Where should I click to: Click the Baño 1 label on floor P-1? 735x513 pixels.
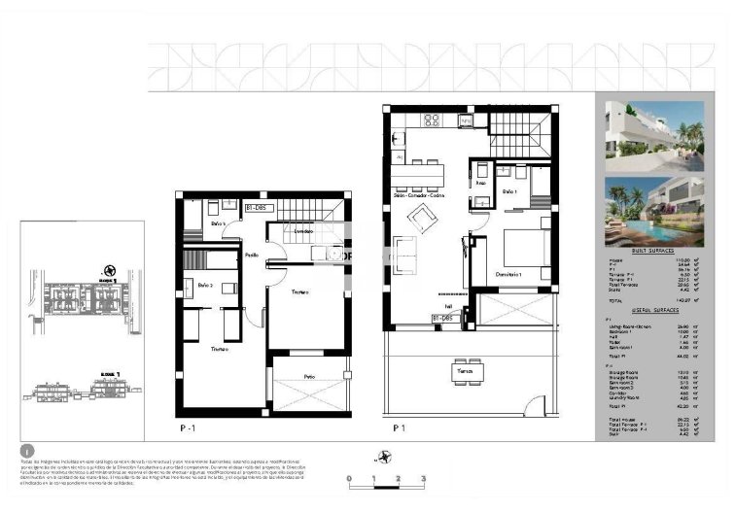point(219,224)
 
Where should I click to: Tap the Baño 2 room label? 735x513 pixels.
point(205,285)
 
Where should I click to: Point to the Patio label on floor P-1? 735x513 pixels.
point(309,376)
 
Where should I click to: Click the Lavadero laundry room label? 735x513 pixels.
point(303,231)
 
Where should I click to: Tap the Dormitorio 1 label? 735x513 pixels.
point(507,274)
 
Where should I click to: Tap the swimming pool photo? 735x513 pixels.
point(648,211)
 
